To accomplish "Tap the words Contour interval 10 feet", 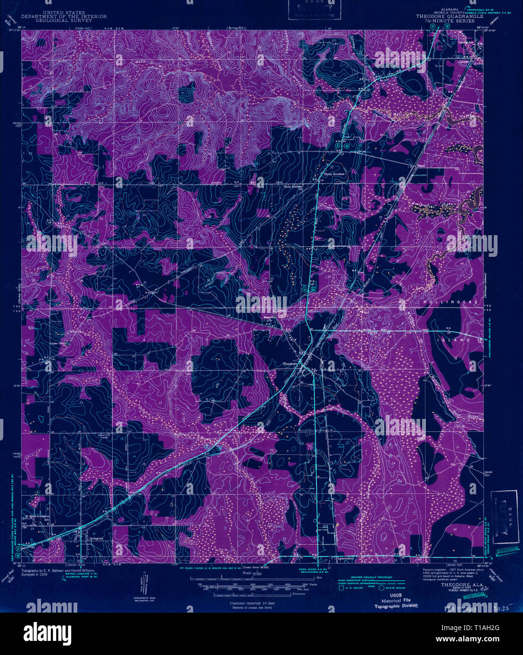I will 252,603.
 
